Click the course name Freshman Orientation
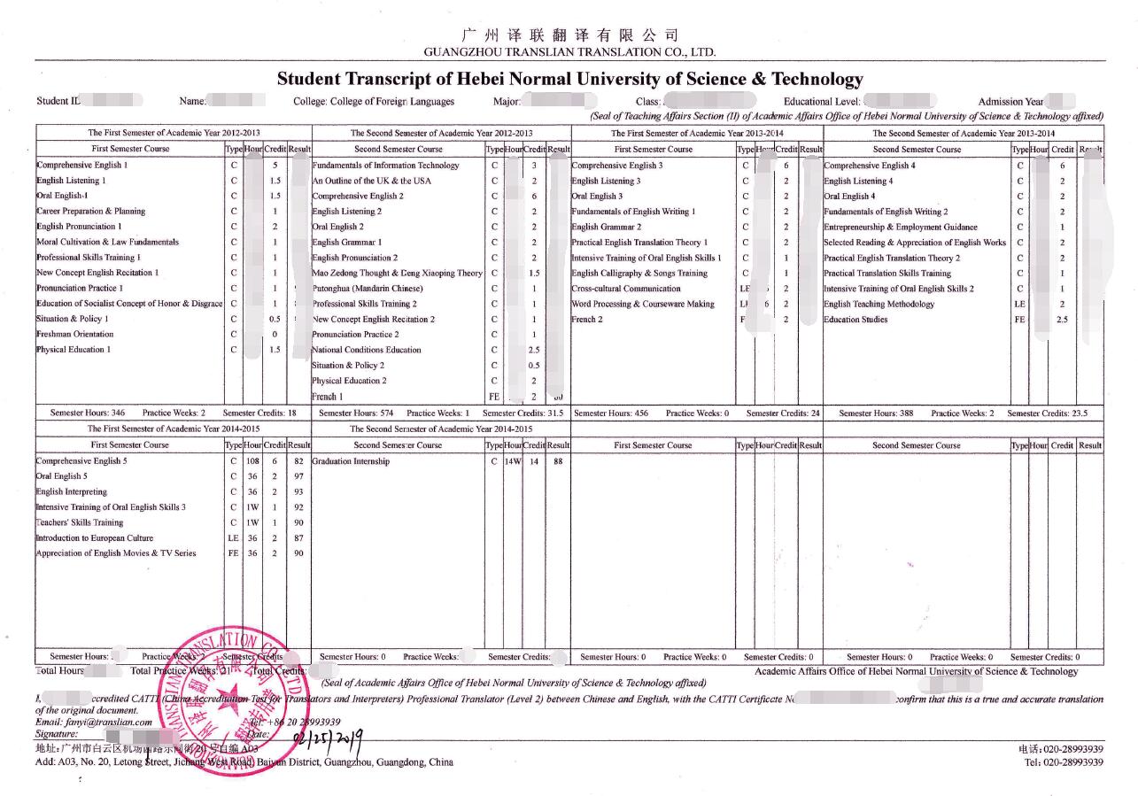75,335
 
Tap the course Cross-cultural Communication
626,289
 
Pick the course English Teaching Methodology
879,305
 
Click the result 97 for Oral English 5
298,476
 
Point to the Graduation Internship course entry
351,461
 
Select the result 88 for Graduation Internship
558,461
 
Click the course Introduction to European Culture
95,538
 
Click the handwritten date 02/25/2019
327,737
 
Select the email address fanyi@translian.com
107,723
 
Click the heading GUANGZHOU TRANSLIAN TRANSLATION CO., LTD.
569,53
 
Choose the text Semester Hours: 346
88,413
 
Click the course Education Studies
855,320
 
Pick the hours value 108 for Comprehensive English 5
252,461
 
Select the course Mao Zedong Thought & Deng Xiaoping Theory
398,274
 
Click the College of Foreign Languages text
374,102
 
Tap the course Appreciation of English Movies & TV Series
116,553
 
